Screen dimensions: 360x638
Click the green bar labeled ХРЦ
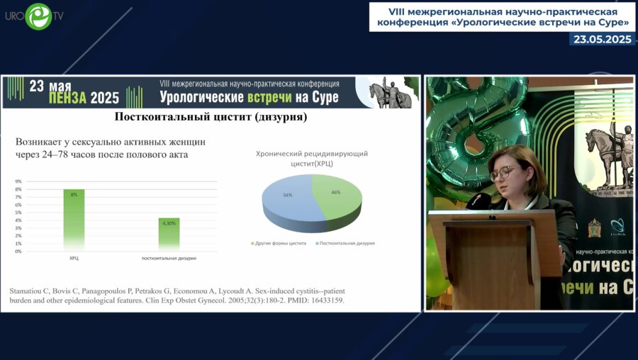(74, 220)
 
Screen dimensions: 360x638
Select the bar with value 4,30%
(169, 234)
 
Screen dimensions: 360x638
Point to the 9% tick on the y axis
(18, 181)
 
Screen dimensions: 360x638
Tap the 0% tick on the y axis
(18, 252)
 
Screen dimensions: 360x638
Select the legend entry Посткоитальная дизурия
(347, 243)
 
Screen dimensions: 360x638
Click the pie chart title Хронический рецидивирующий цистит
(313, 158)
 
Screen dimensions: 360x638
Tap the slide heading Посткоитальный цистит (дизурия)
(211, 116)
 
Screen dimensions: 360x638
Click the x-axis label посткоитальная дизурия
(169, 258)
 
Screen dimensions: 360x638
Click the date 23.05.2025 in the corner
(603, 40)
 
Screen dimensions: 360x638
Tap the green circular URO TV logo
(38, 16)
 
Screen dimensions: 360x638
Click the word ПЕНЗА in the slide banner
(53, 99)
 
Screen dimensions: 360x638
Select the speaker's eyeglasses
(505, 172)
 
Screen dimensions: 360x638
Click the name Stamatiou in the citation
(29, 291)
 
